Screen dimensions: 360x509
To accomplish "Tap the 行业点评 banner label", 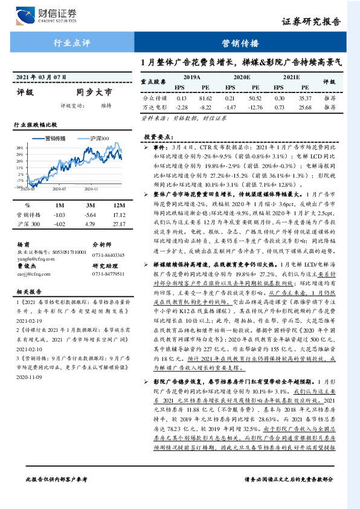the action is click(x=72, y=44).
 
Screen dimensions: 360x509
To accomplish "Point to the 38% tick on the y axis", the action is click(x=19, y=148).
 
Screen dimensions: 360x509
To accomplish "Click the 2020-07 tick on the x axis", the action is click(x=59, y=189).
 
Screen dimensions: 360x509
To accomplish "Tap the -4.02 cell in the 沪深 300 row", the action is click(x=59, y=225).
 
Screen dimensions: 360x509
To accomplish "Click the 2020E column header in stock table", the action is click(x=242, y=77).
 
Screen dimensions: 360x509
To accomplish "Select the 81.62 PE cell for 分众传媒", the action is click(x=205, y=97).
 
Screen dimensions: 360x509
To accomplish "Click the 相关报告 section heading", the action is click(x=28, y=290).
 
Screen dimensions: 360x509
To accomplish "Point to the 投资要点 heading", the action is click(x=156, y=138).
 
